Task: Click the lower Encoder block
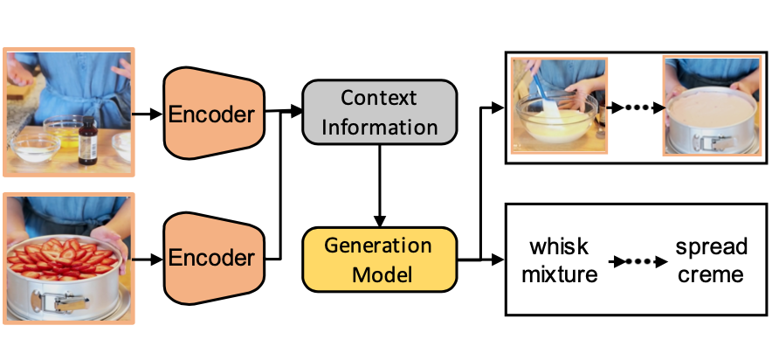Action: point(213,258)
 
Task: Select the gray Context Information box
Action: point(379,112)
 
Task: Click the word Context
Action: point(379,97)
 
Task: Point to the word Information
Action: point(379,127)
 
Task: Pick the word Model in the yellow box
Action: point(379,273)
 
